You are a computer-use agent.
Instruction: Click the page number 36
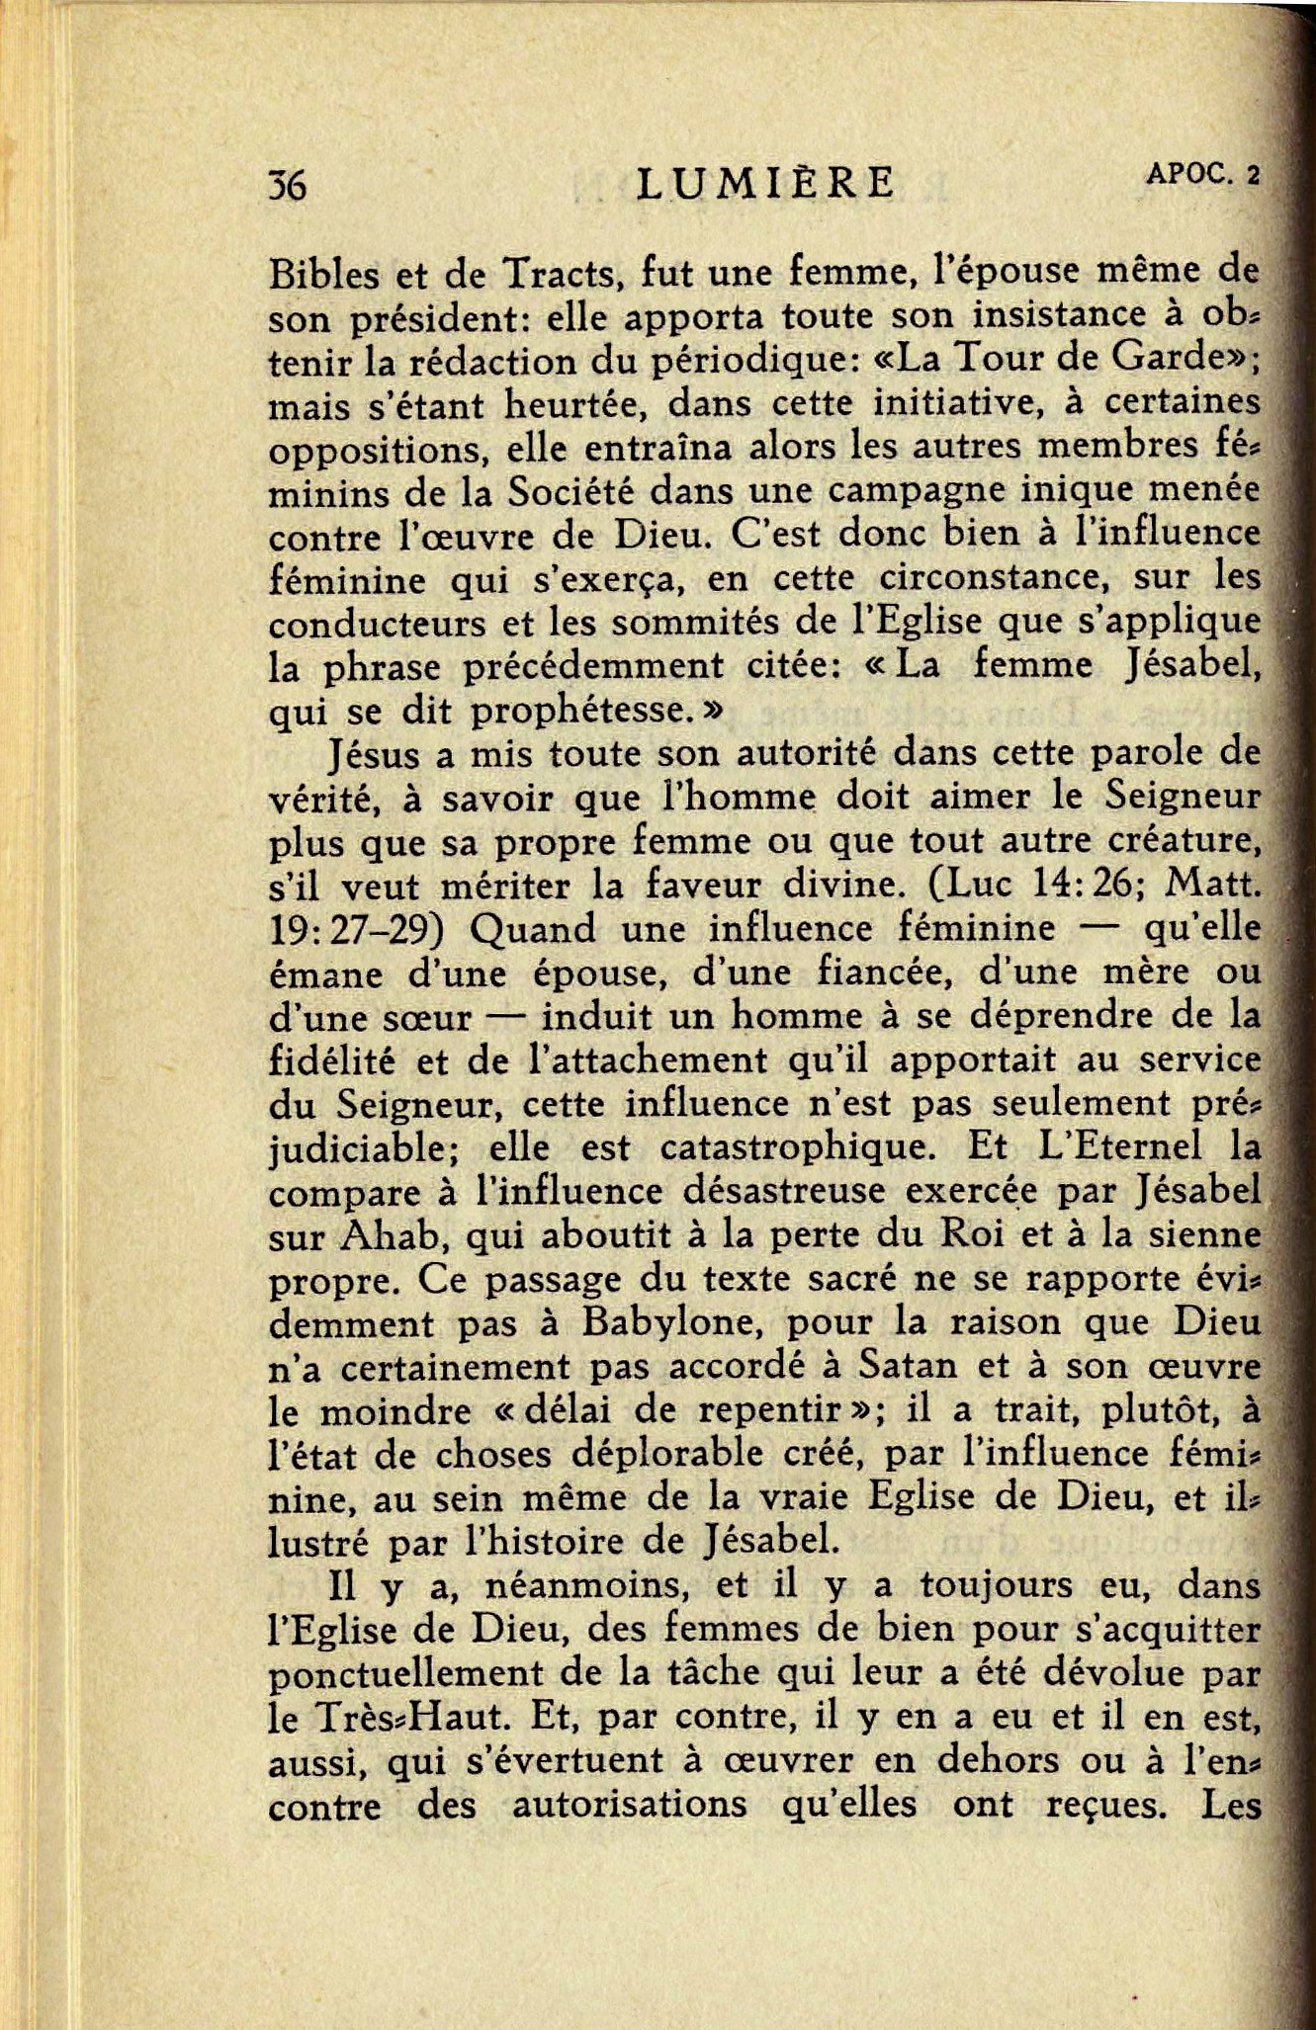(x=288, y=186)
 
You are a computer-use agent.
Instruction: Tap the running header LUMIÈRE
(x=765, y=184)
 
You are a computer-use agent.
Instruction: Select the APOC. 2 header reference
(x=1202, y=175)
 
